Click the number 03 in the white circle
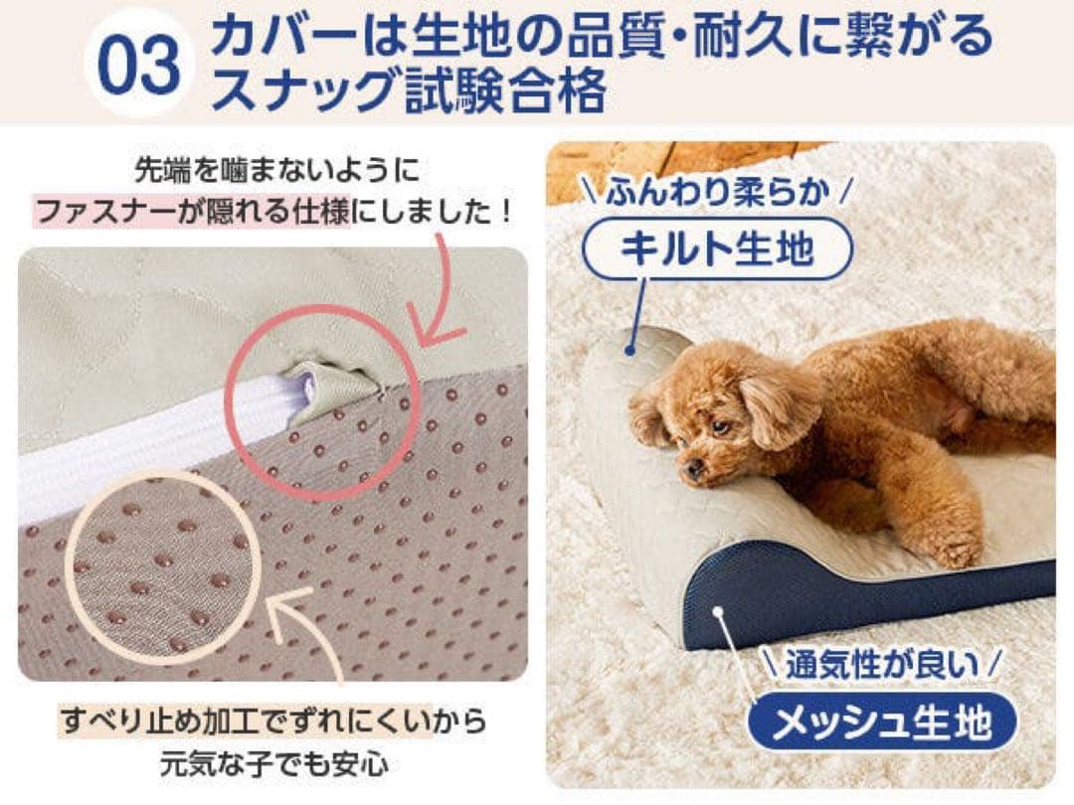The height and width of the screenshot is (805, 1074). pyautogui.click(x=138, y=64)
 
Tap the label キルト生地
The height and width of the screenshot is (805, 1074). pyautogui.click(x=715, y=248)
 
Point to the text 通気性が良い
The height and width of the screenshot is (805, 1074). pyautogui.click(x=883, y=664)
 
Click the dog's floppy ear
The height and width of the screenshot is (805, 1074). pyautogui.click(x=777, y=408)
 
